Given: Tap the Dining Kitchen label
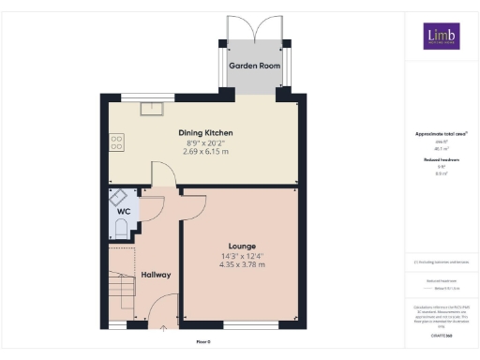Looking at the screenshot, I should [206, 133].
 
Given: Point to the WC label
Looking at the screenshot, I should [123, 212].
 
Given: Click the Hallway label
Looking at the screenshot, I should [156, 275].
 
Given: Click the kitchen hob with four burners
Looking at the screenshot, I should [117, 142].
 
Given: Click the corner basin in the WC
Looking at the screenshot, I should [118, 196].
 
